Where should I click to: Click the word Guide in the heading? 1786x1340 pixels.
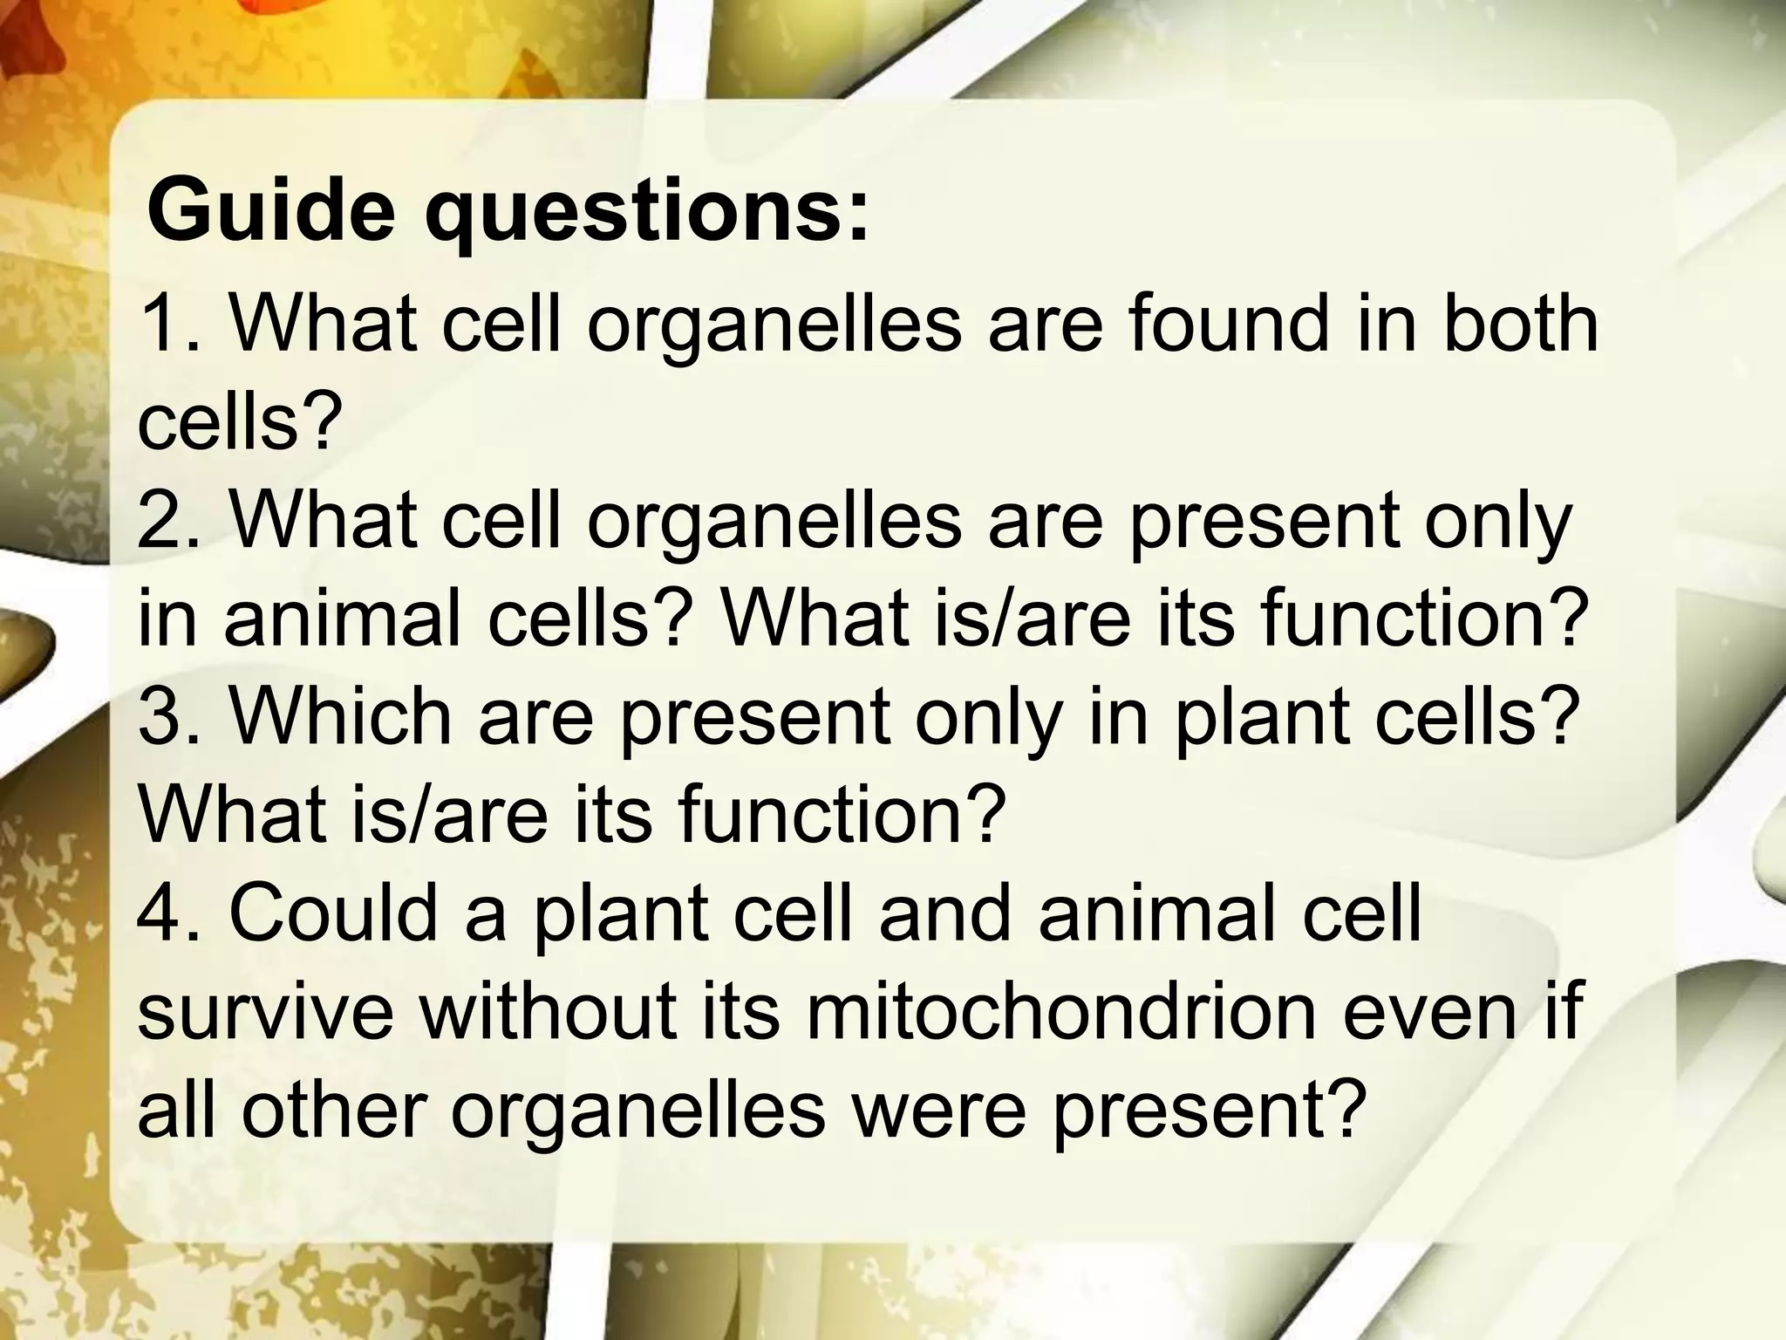270,212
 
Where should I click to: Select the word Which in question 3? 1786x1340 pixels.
340,717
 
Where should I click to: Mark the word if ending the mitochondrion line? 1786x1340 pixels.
1561,1012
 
